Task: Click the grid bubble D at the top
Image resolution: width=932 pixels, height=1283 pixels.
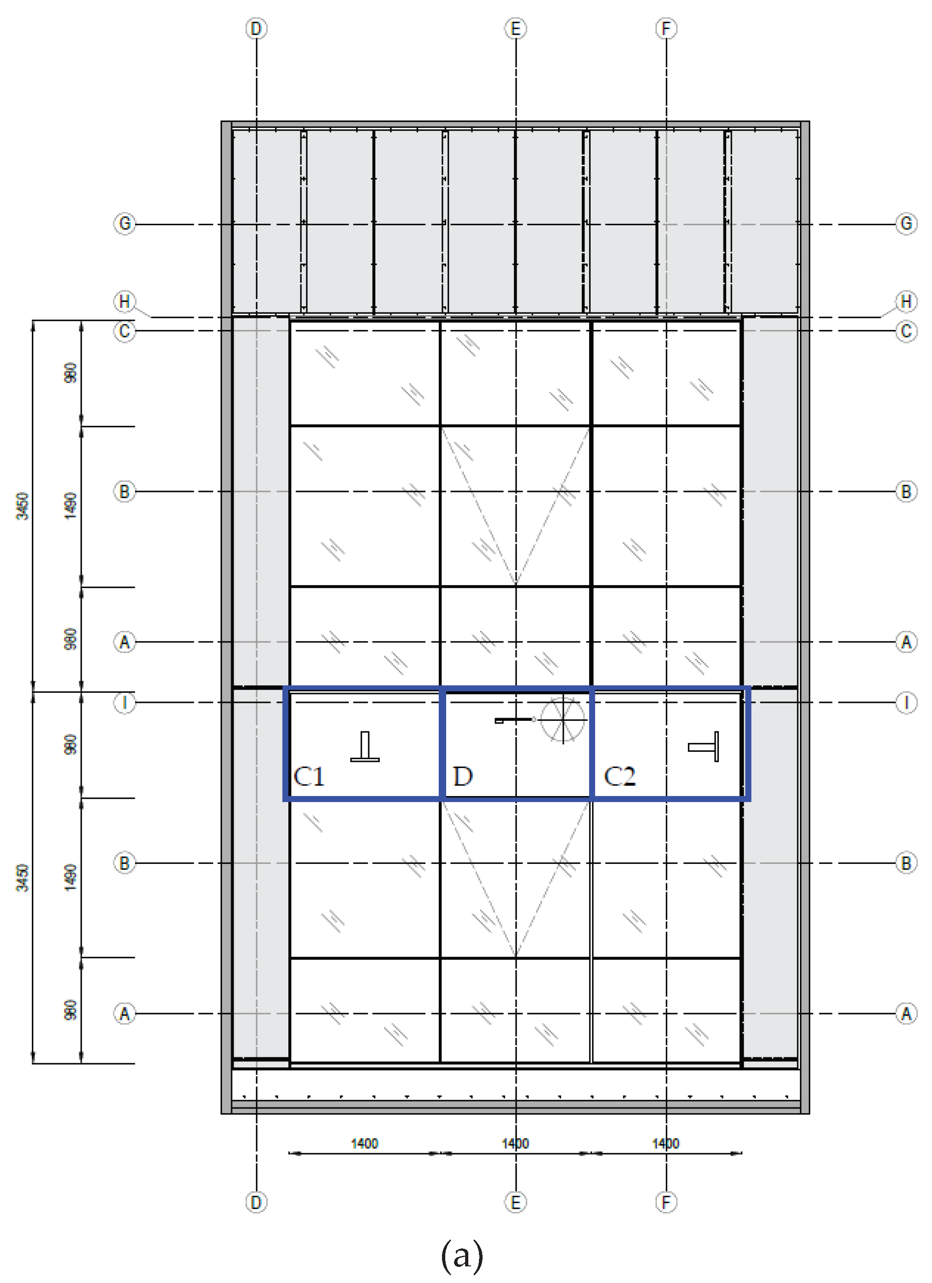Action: [x=256, y=28]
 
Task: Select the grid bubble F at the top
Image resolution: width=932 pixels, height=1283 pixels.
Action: [x=666, y=28]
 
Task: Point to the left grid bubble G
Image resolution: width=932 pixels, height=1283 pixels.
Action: [x=125, y=223]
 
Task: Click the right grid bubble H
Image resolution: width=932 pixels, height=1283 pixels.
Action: [x=906, y=301]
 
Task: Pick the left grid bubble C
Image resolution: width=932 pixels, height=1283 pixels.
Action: [x=125, y=331]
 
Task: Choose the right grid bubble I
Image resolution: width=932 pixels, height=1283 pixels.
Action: [x=906, y=702]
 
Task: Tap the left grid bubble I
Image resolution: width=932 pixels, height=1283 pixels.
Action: [x=125, y=702]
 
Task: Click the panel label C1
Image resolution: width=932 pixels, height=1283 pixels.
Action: [x=309, y=776]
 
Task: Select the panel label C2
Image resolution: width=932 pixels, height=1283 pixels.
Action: [x=620, y=776]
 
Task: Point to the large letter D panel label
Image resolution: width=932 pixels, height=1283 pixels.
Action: [x=463, y=776]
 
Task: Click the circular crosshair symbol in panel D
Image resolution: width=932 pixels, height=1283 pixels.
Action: [x=563, y=719]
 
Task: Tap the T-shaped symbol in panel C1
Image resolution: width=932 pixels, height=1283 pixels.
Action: [x=365, y=747]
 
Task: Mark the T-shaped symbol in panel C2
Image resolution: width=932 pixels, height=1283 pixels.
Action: [x=704, y=747]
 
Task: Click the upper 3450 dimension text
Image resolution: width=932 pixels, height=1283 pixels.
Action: [x=22, y=506]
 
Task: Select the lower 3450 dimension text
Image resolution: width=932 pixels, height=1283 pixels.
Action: [x=22, y=877]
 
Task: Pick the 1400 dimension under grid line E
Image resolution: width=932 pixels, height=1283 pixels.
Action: [x=515, y=1143]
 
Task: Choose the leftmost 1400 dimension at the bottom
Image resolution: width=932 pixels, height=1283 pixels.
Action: [x=364, y=1143]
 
